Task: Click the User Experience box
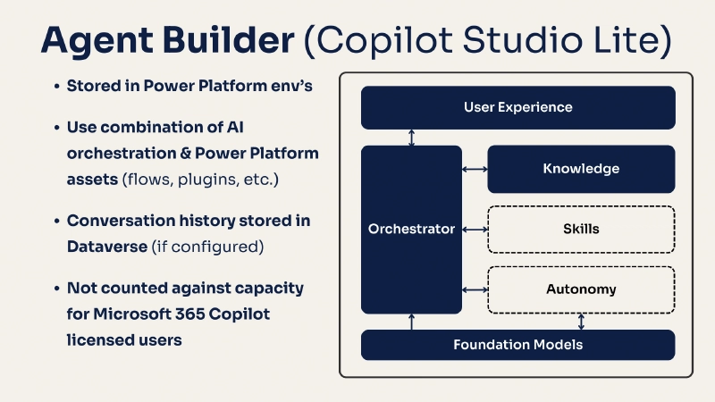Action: coord(517,107)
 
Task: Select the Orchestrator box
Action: coord(411,230)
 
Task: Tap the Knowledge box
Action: coord(581,169)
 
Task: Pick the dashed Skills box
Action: coord(581,230)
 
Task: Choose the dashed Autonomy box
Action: coord(581,289)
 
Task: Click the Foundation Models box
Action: coord(517,345)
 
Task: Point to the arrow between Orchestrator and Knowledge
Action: coord(474,169)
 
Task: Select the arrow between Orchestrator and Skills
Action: coord(474,230)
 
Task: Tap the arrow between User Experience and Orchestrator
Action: coord(411,138)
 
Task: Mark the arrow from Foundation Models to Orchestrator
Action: coord(411,322)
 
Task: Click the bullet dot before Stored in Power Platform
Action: coord(55,87)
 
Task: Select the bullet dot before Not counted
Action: coord(55,289)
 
